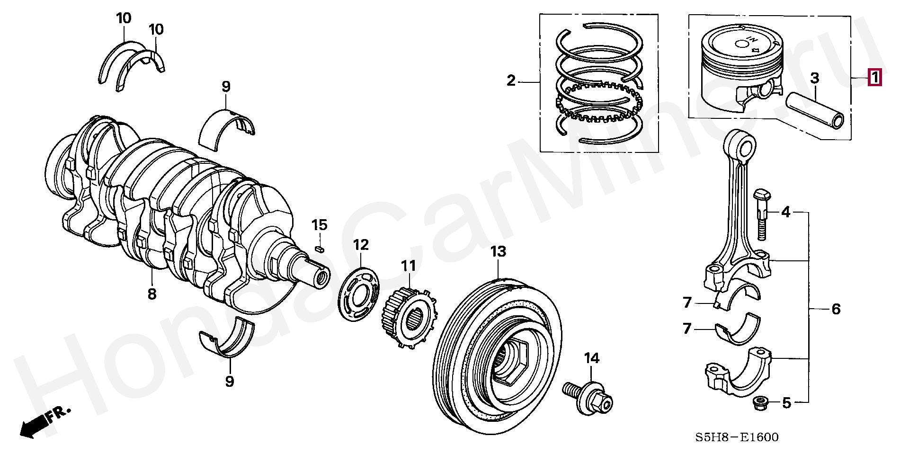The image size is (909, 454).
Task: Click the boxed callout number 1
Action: tap(874, 77)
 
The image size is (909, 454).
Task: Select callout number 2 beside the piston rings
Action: tap(511, 80)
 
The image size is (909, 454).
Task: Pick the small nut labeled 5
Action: tap(759, 404)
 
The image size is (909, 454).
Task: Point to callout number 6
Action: tap(836, 309)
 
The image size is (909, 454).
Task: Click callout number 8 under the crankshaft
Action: tap(151, 294)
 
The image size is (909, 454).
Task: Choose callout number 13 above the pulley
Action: tap(498, 251)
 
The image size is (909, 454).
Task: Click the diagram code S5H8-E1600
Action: tap(736, 437)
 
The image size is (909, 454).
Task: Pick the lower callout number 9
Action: tap(229, 381)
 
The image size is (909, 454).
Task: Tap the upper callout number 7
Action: tap(687, 302)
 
